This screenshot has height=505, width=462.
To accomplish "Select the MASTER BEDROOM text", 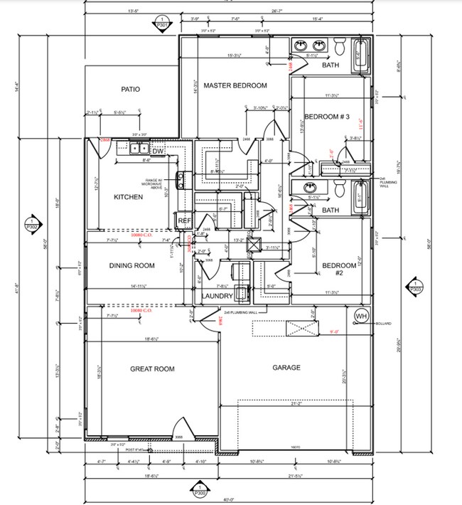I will pyautogui.click(x=235, y=85).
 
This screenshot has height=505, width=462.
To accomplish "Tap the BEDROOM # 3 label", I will pyautogui.click(x=327, y=117).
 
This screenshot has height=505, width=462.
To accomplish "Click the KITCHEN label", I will pyautogui.click(x=129, y=197).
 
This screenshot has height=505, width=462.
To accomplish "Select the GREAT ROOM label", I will pyautogui.click(x=152, y=368).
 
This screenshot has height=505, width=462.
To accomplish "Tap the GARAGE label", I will pyautogui.click(x=286, y=368).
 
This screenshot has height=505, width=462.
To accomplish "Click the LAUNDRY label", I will pyautogui.click(x=217, y=296).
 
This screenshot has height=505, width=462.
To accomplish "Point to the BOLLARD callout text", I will pyautogui.click(x=384, y=324).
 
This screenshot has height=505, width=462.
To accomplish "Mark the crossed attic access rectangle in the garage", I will pyautogui.click(x=300, y=328).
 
